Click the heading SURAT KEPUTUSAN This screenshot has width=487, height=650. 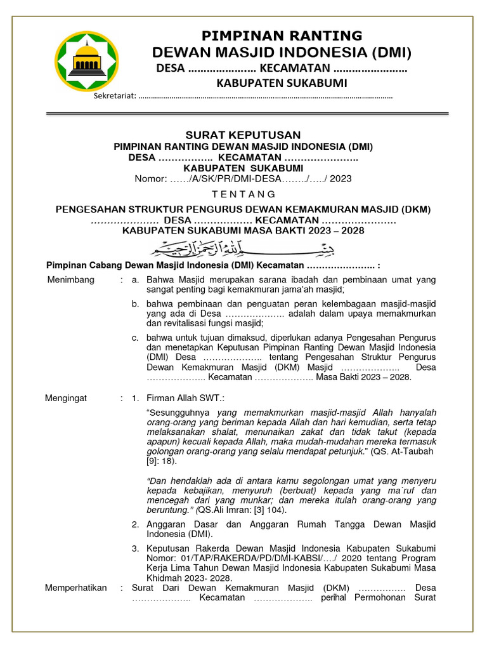pos(243,135)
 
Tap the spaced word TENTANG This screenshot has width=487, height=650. pos(243,194)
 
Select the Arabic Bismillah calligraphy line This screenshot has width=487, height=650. pos(243,248)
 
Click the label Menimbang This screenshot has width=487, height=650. pos(71,280)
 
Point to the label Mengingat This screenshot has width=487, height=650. pos(66,399)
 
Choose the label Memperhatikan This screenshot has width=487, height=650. pos(75,588)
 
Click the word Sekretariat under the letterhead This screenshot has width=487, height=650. pos(114,96)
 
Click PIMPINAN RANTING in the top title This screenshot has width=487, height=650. pos(282,36)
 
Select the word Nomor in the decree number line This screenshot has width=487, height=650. pos(150,178)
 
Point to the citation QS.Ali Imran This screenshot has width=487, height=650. pos(224,510)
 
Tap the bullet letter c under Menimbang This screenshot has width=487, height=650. pos(135,338)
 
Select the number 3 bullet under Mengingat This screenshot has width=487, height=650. pos(135,548)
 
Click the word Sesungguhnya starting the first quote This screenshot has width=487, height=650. pos(181,413)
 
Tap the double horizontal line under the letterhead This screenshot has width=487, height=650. pos(248,114)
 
